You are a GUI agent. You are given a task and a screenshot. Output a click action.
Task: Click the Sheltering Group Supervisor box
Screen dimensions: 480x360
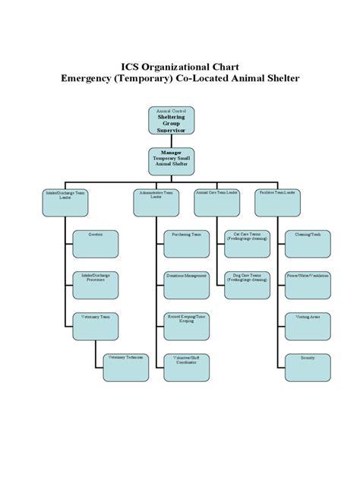[179, 121]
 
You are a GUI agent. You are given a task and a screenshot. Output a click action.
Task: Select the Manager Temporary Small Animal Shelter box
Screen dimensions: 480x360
[179, 161]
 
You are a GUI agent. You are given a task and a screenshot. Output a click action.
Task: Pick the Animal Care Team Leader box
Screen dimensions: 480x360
[217, 199]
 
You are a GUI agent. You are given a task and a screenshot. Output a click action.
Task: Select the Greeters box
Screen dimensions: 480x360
[95, 243]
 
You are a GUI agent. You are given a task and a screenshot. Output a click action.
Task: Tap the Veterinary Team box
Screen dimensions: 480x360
[95, 327]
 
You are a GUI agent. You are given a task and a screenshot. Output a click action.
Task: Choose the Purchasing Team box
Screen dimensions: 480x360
[186, 243]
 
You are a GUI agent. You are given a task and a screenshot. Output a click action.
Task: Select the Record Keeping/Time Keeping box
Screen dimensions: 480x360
[186, 327]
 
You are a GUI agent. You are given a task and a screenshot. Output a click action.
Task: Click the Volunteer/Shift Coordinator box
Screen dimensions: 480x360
[186, 368]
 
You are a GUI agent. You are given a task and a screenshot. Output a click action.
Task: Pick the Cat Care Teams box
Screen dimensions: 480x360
[247, 243]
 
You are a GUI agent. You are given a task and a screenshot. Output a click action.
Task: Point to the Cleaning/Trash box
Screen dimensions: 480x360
[308, 243]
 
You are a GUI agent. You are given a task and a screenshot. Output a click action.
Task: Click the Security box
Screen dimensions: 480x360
[308, 368]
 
